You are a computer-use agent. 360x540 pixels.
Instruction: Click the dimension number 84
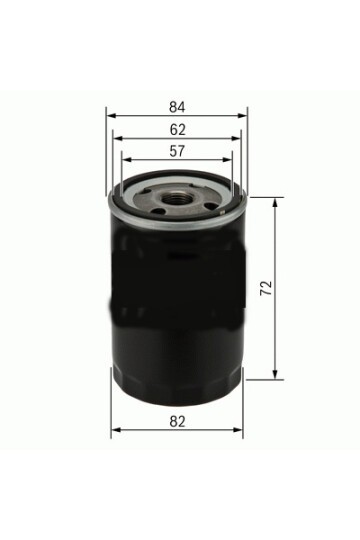coord(176,106)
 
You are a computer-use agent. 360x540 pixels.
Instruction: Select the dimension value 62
coord(176,129)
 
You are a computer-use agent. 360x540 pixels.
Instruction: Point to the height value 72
coord(265,288)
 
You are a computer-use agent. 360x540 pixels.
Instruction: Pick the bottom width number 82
coord(176,422)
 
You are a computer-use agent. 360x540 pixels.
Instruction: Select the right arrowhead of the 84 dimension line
coord(243,115)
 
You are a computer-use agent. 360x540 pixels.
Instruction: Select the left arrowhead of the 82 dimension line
coord(113,431)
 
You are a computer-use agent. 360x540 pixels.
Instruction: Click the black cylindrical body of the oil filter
coord(176,300)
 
